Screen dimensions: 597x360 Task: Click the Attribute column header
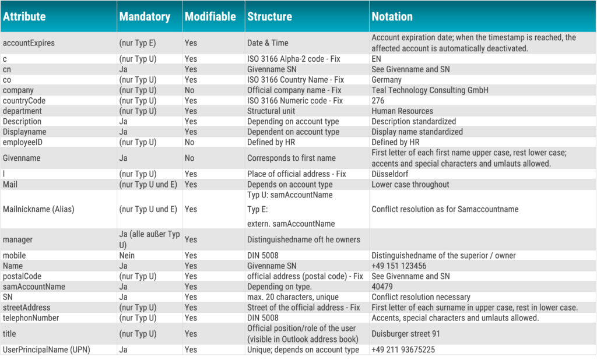[24, 16]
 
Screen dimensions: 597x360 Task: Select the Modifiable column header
[210, 16]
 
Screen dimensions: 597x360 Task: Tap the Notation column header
[392, 16]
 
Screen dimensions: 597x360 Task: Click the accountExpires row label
[29, 43]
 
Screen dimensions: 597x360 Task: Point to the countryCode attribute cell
[24, 101]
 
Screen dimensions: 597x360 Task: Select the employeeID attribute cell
[23, 142]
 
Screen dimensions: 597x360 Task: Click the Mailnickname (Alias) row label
[38, 209]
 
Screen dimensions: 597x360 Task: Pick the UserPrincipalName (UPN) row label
[47, 350]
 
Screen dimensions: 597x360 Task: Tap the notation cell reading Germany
[387, 80]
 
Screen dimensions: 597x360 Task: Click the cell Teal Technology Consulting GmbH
[430, 90]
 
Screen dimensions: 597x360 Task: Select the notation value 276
[378, 101]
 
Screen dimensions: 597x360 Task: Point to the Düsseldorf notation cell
[390, 174]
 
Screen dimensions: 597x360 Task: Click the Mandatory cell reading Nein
[126, 255]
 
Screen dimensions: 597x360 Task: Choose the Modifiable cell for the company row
[189, 90]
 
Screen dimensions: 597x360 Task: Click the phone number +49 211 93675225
[403, 350]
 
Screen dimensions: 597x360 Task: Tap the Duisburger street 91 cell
[406, 334]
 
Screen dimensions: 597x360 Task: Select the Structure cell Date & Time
[268, 43]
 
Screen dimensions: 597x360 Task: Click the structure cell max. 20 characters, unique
[293, 297]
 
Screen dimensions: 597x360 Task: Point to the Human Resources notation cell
[402, 111]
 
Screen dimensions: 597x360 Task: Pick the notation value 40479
[382, 287]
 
